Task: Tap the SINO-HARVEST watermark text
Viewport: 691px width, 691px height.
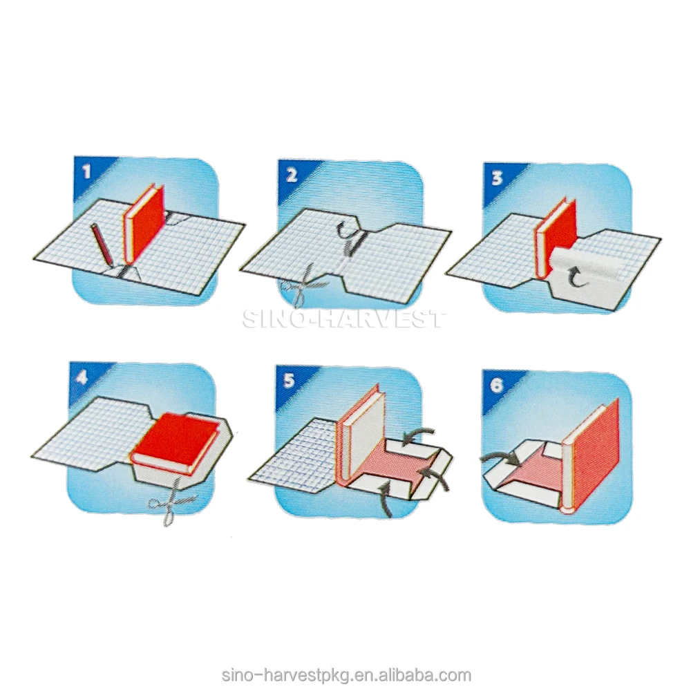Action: pos(343,319)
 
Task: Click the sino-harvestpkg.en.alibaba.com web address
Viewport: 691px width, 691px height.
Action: pos(346,675)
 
